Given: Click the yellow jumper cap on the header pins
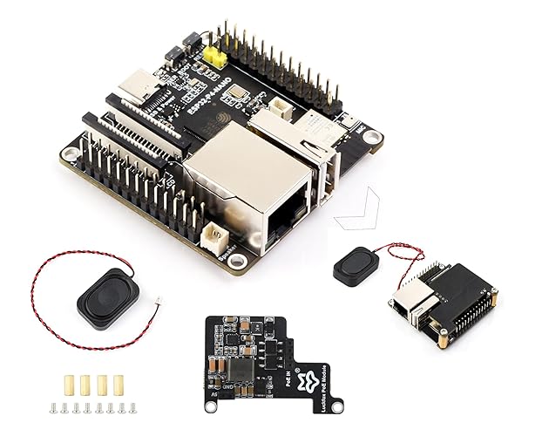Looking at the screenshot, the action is (x=213, y=57).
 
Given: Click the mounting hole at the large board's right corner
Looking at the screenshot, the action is (x=372, y=137).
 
